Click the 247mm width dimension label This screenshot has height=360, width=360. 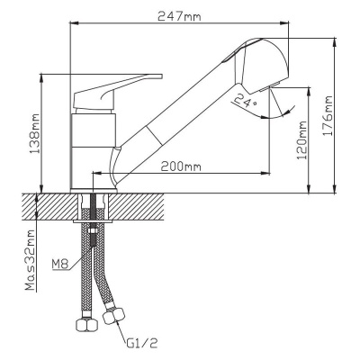179,16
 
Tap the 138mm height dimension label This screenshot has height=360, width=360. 36,133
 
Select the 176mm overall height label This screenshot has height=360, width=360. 328,116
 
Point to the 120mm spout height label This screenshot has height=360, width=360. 301,140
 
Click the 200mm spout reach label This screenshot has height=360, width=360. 181,166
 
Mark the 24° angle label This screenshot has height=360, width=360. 246,100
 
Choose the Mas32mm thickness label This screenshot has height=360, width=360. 31,260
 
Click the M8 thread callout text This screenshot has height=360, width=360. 60,265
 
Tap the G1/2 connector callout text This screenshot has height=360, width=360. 140,343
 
